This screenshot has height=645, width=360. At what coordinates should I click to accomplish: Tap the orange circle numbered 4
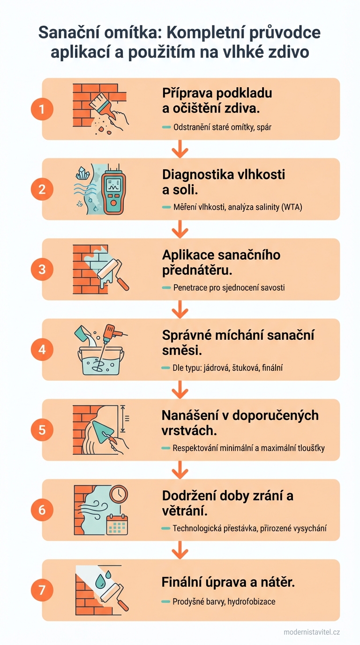pyautogui.click(x=42, y=350)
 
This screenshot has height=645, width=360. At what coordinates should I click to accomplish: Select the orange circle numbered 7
pyautogui.click(x=42, y=590)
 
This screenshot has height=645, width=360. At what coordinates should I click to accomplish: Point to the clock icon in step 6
pyautogui.click(x=120, y=495)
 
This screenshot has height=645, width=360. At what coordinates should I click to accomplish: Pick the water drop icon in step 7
pyautogui.click(x=100, y=582)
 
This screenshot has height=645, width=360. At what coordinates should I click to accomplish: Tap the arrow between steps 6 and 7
pyautogui.click(x=180, y=549)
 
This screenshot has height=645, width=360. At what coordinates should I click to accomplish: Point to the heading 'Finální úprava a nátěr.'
pyautogui.click(x=228, y=582)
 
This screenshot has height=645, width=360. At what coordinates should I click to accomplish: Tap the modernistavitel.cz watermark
pyautogui.click(x=312, y=632)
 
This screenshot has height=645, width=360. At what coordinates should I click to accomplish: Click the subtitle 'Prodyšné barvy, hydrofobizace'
pyautogui.click(x=224, y=601)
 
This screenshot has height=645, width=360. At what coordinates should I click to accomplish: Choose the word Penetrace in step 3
pyautogui.click(x=190, y=287)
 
